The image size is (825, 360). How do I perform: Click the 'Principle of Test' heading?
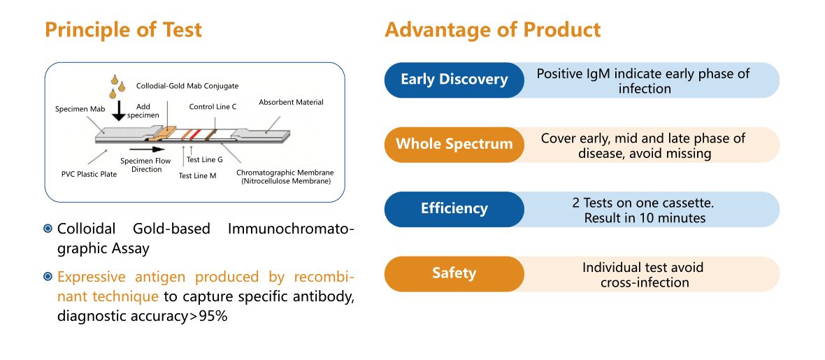pos(123,30)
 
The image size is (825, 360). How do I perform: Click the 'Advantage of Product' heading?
pos(492,30)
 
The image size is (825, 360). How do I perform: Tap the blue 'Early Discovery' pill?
pos(454,79)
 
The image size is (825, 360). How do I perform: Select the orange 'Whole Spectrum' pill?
pos(454,144)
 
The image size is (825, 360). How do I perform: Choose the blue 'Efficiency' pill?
pos(454,208)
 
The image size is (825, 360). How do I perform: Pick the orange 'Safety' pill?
pos(454,273)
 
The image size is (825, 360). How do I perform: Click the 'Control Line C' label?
pos(213,107)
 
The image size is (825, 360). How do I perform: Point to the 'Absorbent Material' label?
pos(291,102)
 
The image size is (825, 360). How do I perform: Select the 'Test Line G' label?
pos(204,159)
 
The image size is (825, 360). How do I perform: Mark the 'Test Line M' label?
pos(197,176)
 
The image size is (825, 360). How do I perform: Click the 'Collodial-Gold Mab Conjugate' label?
pos(187,86)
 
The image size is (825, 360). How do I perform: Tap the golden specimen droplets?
pos(116,85)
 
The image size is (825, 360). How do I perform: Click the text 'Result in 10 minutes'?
pos(645,218)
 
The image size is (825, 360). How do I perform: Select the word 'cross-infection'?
pos(645,282)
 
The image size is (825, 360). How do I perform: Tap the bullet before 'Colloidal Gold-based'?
pos(48,229)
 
